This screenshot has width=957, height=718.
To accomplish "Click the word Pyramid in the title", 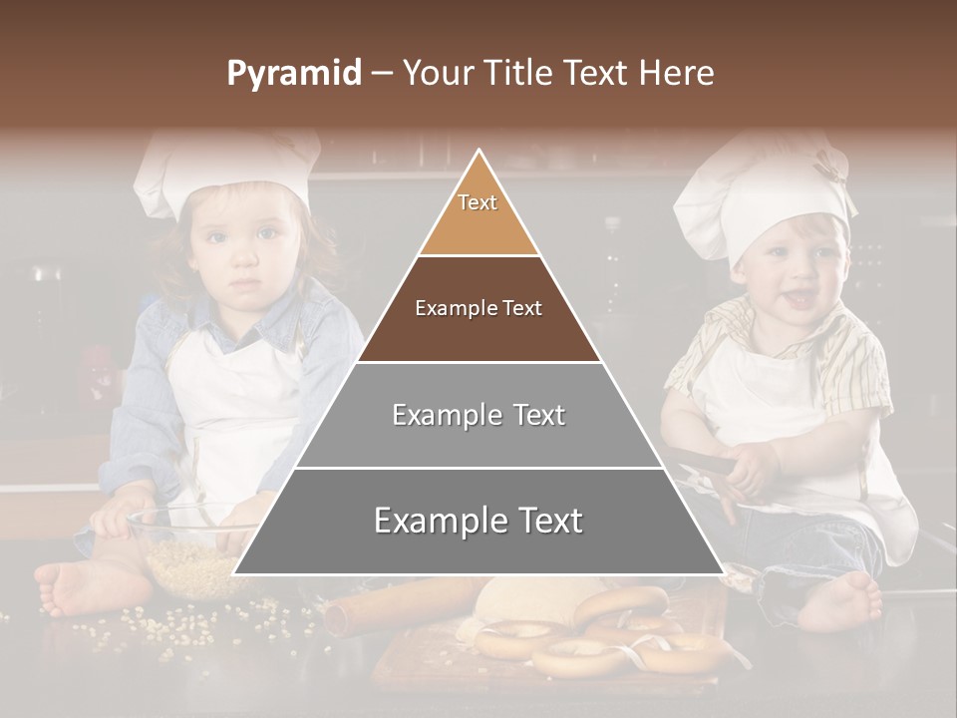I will coord(293,74).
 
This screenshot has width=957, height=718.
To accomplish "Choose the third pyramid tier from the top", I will coord(478,415).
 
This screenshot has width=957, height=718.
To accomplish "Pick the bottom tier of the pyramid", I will coord(478,521).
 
